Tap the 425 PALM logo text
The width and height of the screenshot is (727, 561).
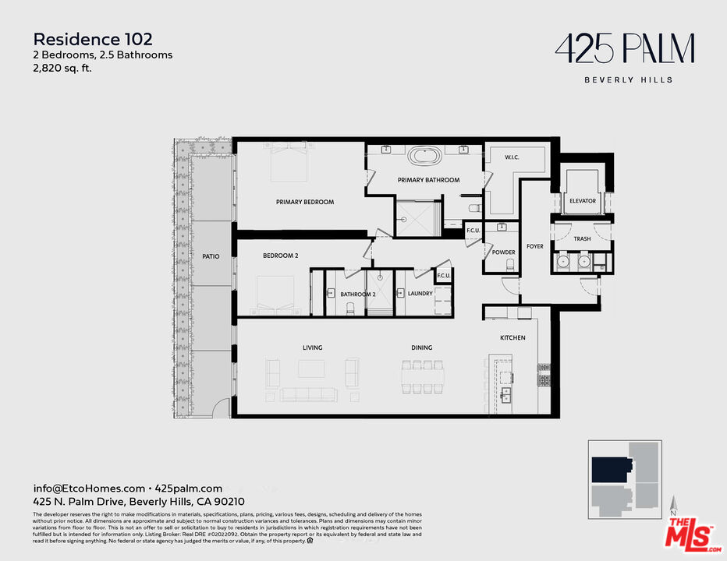point(624,49)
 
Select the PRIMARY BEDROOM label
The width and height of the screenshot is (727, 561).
point(305,203)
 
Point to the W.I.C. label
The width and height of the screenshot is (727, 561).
point(512,157)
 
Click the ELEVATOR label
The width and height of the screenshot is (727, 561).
point(582,201)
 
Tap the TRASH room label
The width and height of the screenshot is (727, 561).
point(582,239)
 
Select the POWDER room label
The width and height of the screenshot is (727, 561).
point(503,252)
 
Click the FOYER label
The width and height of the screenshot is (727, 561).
point(534,246)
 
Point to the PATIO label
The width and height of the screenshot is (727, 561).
point(210,256)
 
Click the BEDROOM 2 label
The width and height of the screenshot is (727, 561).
point(281,256)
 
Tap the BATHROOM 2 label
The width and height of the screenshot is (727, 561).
point(358,295)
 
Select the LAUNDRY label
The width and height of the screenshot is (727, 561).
point(420,294)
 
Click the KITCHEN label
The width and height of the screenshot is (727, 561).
point(512,338)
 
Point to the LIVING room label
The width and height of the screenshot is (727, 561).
point(312,348)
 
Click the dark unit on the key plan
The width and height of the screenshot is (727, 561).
point(611,470)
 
